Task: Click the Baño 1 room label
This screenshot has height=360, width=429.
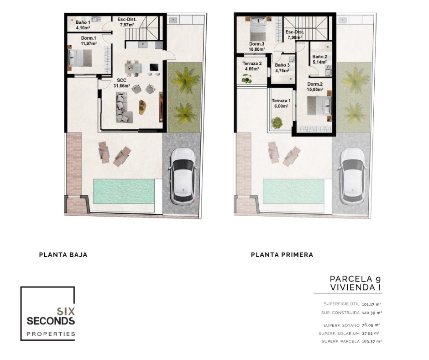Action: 83,22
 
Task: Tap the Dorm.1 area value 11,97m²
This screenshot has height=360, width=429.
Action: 89,43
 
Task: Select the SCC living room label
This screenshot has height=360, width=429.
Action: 121,80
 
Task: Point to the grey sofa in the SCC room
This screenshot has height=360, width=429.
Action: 124,107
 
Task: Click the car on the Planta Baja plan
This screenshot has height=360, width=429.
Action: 182,176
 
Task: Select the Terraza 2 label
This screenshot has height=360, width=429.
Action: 252,64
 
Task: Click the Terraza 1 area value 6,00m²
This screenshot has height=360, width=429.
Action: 281,106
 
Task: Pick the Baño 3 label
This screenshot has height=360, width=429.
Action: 282,65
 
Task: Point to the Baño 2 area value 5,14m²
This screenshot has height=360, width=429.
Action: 319,62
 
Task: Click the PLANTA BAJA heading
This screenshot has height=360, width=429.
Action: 63,255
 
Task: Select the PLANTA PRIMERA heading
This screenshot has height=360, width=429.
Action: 282,255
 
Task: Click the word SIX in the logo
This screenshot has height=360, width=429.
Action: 66,311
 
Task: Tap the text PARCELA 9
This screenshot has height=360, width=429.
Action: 355,279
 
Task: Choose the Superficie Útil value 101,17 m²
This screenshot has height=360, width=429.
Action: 371,304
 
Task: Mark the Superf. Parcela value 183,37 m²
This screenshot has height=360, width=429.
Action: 371,341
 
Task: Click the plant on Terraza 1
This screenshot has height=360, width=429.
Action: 277,122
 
